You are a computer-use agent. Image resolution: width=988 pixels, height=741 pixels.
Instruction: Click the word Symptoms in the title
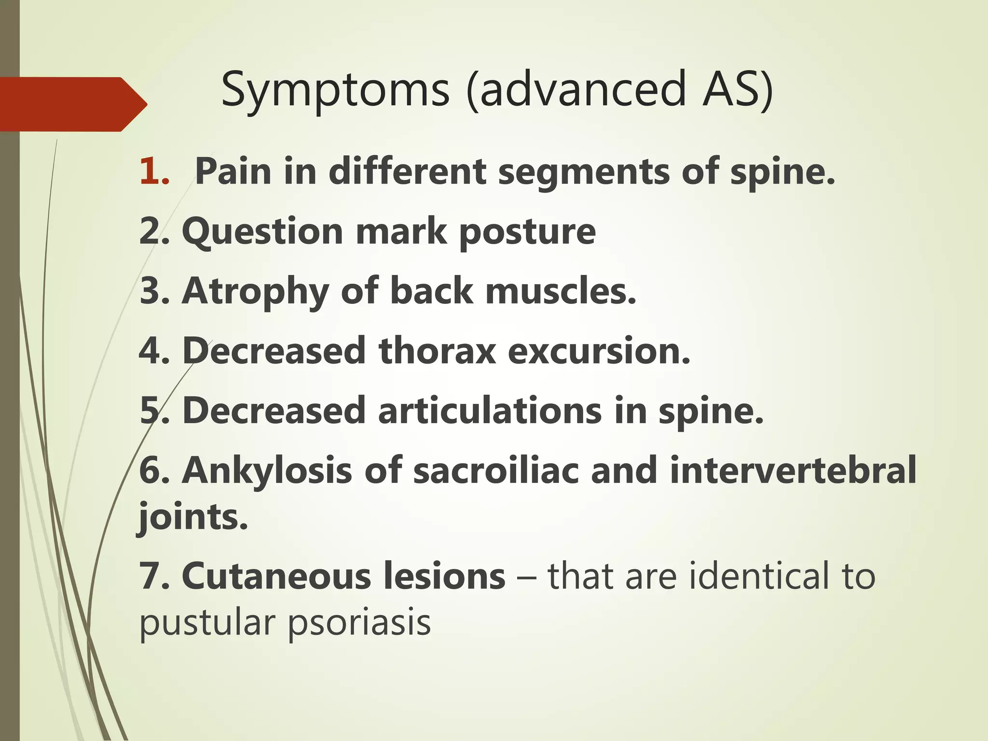(335, 90)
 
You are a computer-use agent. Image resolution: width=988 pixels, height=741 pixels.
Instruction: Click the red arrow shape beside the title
(72, 104)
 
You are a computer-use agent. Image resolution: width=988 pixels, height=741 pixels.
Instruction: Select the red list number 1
(153, 172)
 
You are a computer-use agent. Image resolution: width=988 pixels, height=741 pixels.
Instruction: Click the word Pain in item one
(233, 172)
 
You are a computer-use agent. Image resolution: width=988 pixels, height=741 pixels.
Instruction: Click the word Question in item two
(262, 232)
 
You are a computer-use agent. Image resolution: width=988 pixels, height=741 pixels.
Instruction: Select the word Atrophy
(256, 292)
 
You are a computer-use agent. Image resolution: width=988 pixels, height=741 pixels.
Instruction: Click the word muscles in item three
(560, 291)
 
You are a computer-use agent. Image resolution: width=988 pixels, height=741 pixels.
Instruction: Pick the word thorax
(437, 351)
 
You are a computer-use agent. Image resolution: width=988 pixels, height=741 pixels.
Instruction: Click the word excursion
(599, 351)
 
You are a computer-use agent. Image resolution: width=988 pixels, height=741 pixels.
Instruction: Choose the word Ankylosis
(267, 471)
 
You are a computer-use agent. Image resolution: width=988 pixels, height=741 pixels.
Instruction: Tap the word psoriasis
(359, 623)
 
